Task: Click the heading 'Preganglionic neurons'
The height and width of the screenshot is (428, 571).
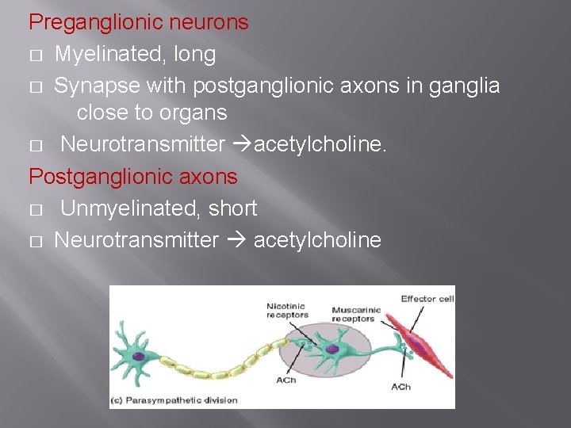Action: point(139,23)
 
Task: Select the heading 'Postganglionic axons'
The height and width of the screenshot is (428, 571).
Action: point(133,177)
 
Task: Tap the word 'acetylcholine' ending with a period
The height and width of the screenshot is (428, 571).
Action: point(320,145)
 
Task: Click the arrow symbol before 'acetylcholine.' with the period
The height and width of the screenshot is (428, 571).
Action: point(244,145)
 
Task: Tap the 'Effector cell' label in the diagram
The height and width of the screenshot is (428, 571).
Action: point(427,299)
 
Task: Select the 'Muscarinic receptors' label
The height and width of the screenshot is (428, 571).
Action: point(355,315)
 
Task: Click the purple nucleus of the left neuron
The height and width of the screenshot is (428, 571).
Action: point(138,357)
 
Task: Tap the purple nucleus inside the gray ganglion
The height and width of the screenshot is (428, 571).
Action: point(333,350)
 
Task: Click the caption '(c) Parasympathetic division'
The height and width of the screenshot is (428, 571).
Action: point(176,399)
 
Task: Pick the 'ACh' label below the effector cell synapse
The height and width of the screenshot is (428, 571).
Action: point(401,387)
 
